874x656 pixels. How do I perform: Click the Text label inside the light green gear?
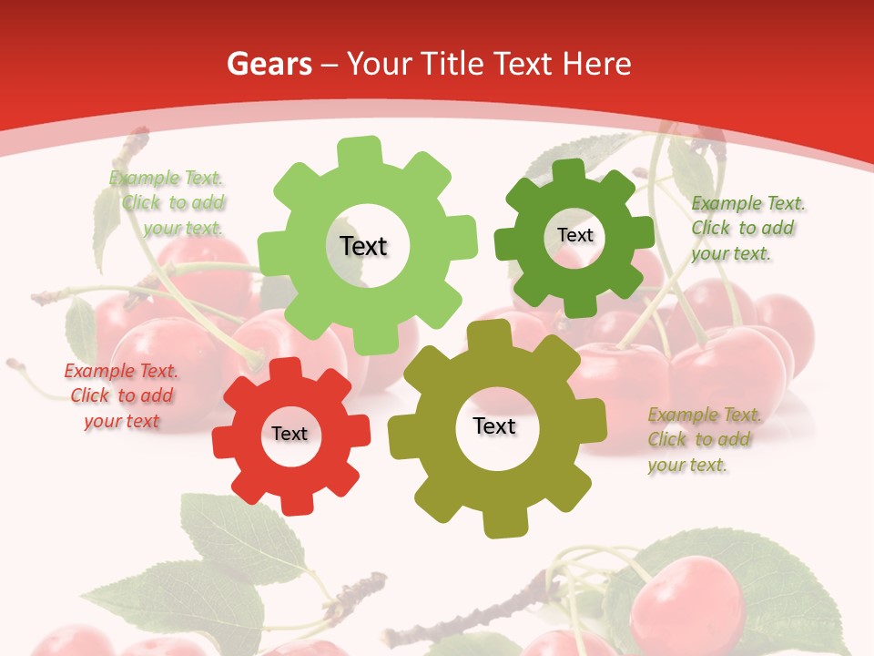click(x=363, y=246)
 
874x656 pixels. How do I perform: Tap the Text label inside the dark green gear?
click(x=574, y=235)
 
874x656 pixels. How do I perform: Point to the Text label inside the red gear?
click(x=290, y=434)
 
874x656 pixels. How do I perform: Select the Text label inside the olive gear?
click(x=494, y=425)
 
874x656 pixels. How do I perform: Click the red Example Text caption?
click(x=121, y=396)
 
